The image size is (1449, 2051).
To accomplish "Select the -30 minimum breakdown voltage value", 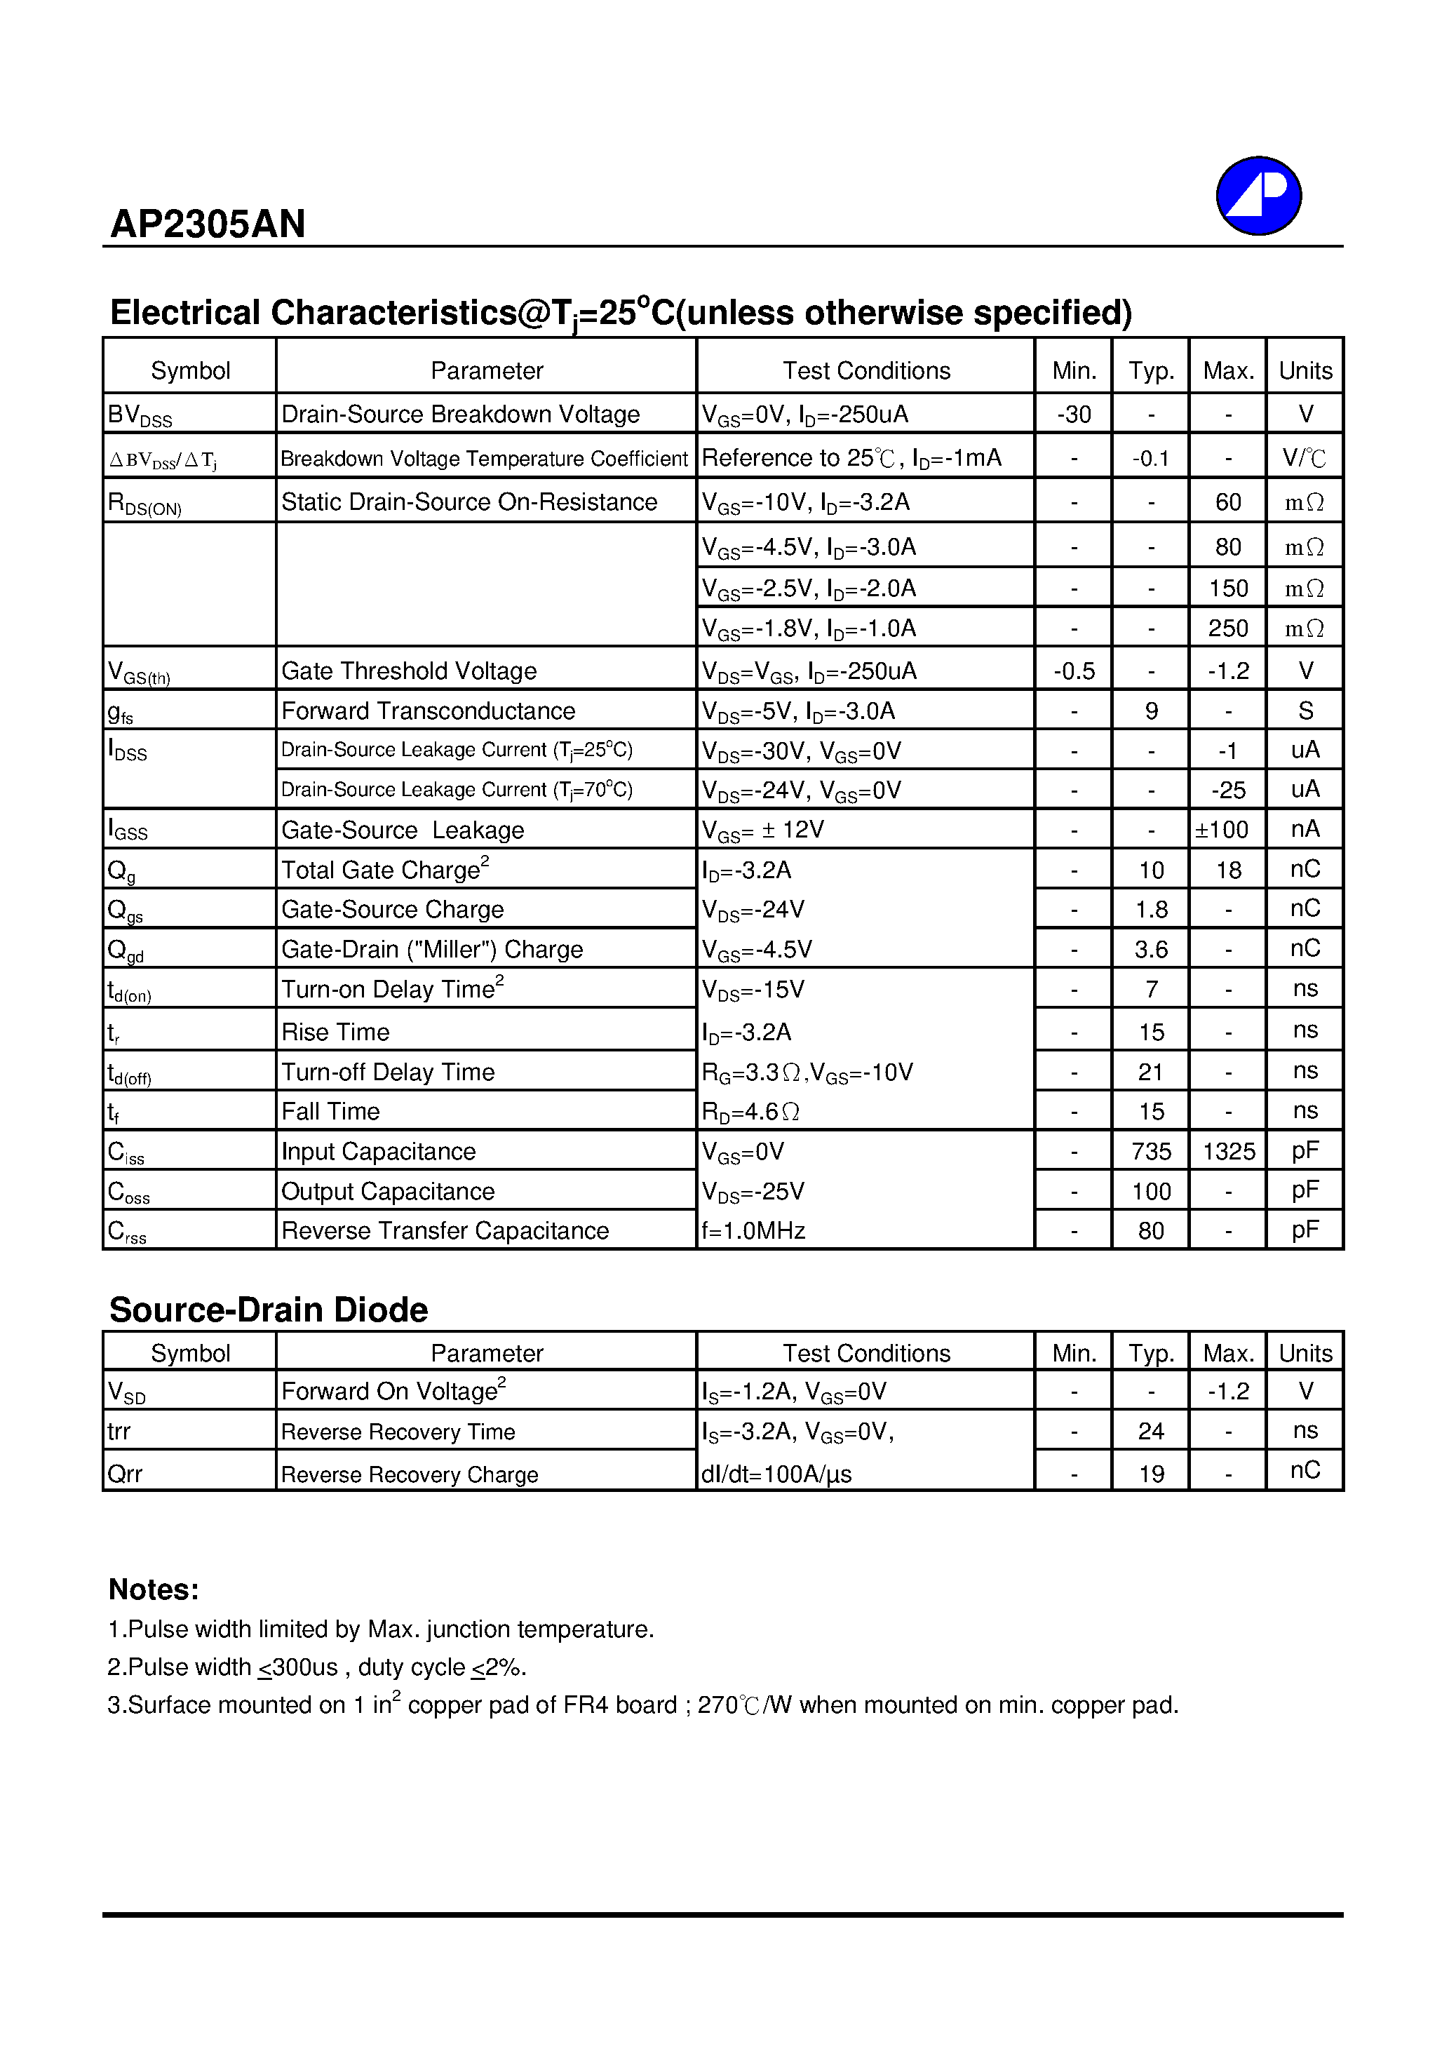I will click(1073, 415).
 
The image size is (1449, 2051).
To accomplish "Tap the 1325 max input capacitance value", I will click(1228, 1152).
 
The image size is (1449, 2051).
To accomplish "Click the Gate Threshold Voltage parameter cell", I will click(409, 671).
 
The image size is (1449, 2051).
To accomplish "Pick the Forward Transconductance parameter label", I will click(428, 711).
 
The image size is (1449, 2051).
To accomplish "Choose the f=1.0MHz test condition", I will click(753, 1231).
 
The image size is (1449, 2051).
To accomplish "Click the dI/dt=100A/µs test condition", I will click(776, 1474).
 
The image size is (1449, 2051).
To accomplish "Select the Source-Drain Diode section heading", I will click(268, 1310).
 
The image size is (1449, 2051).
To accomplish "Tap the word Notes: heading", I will click(154, 1589).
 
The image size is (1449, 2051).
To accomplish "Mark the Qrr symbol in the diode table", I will click(125, 1474).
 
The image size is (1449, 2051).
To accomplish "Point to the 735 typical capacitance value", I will click(1151, 1152).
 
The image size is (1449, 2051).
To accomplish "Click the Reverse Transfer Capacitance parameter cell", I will click(445, 1231).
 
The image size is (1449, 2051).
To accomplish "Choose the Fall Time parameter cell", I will click(330, 1111).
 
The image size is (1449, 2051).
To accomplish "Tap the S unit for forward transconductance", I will click(1305, 711).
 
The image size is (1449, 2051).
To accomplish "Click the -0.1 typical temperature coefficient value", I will click(1151, 458).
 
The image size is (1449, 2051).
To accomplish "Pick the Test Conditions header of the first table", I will click(865, 371).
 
